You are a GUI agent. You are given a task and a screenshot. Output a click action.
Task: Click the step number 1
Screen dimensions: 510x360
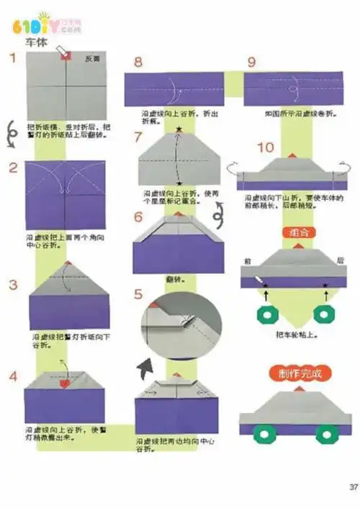coord(12,58)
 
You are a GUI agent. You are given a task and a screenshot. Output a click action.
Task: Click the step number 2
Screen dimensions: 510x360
coord(13,168)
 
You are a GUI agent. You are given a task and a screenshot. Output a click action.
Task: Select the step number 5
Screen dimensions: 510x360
coord(138,295)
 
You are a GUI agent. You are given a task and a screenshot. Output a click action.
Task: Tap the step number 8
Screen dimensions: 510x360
coord(138,63)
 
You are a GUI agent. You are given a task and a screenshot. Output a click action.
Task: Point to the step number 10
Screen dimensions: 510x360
coord(265,147)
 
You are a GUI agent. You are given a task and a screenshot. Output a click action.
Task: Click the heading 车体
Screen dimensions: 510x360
coord(37,43)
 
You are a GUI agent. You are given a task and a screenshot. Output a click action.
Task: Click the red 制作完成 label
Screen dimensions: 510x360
coord(294,374)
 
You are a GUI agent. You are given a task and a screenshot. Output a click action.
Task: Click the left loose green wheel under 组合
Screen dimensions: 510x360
coord(267,314)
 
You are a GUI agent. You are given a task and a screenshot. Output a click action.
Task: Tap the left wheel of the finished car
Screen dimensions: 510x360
coord(266,433)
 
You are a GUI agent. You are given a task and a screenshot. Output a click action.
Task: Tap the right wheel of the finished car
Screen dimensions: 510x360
coord(326,433)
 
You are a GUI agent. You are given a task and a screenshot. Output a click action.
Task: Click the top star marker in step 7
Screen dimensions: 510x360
coord(179,129)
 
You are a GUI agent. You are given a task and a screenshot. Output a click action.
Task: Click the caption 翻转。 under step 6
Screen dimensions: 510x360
coord(173,278)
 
